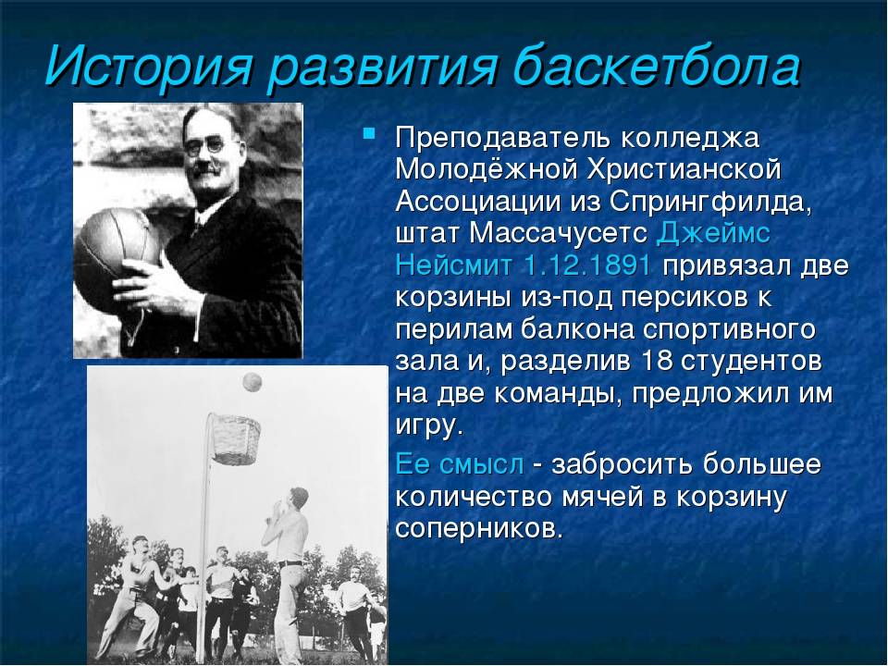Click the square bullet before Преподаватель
[369, 134]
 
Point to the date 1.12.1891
[587, 265]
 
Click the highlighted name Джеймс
[713, 234]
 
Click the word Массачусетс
[558, 233]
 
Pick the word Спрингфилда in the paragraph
[710, 202]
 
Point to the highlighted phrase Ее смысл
[460, 463]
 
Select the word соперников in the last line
[479, 528]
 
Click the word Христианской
[684, 168]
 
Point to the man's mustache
[205, 168]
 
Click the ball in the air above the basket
[252, 382]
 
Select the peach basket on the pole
[236, 438]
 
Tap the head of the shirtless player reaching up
[298, 498]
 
